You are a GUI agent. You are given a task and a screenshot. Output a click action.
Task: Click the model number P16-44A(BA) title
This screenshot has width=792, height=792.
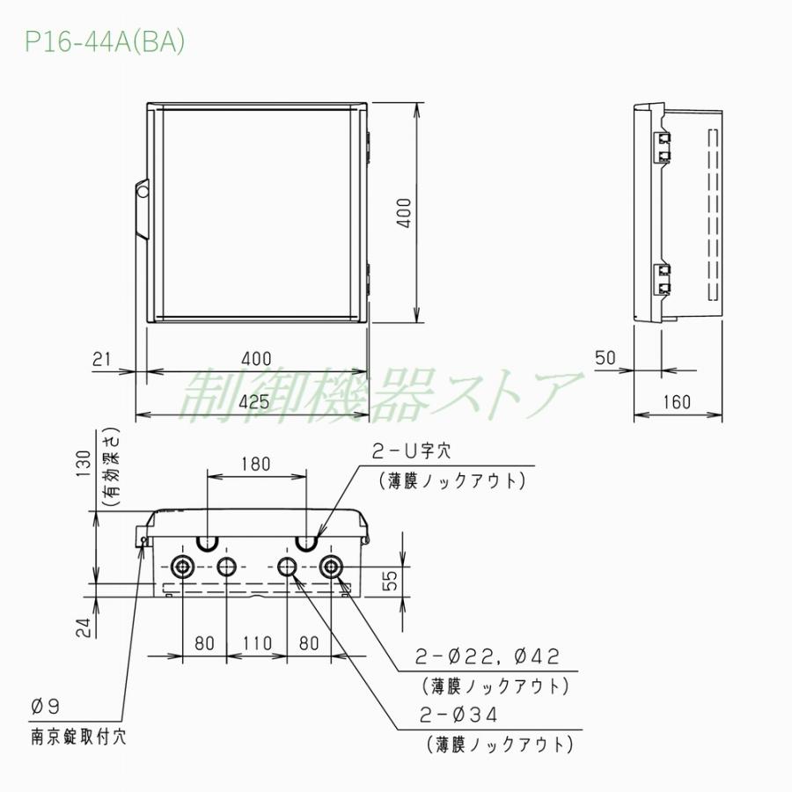point(105,43)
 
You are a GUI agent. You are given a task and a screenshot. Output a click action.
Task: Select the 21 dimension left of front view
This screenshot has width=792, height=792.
point(102,359)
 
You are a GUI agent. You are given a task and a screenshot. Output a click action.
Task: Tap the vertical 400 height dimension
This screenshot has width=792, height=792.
point(403,213)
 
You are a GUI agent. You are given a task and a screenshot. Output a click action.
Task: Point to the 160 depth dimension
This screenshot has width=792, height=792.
point(676,401)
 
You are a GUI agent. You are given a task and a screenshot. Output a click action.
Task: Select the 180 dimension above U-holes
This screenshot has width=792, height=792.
point(255,464)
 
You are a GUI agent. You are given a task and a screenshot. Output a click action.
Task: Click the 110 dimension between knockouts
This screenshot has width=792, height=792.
point(257,643)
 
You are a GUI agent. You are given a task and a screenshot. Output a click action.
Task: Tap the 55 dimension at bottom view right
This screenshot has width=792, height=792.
point(392,579)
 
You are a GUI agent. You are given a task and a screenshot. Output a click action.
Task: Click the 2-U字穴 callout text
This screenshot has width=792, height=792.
point(411,451)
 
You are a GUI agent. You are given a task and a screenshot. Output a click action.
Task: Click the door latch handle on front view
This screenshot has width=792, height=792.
point(141,207)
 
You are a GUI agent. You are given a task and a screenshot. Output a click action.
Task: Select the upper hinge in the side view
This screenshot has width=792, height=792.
point(662,147)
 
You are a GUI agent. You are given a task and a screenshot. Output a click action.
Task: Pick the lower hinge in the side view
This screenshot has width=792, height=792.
point(662,278)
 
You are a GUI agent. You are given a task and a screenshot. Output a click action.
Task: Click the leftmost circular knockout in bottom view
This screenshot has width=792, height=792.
point(184,566)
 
